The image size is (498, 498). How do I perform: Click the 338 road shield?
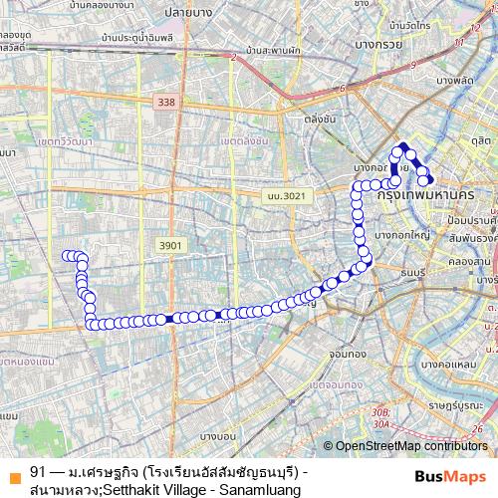(x=165, y=102)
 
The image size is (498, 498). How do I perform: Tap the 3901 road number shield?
(x=171, y=244)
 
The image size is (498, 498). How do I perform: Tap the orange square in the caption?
(x=13, y=471)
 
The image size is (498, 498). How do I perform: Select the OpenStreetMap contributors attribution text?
(x=411, y=447)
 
